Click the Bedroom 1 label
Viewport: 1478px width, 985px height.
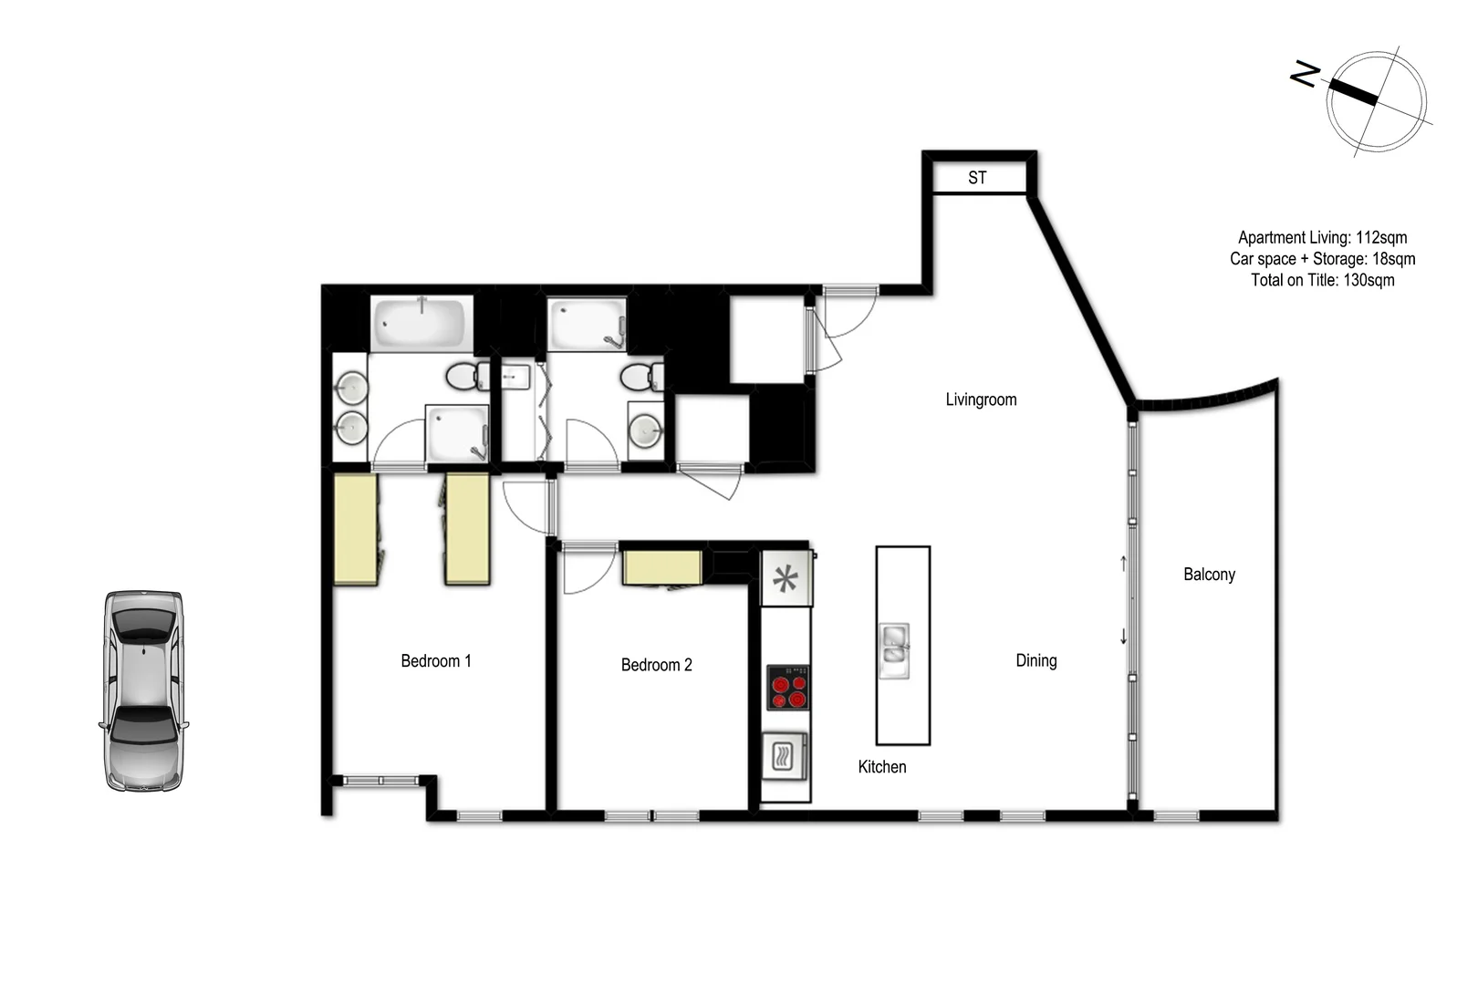436,661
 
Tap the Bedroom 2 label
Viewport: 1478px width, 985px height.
656,665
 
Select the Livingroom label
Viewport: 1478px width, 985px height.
981,399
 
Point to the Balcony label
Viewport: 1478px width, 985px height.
1209,575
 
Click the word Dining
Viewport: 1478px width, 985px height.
1036,660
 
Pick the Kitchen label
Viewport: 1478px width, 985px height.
882,767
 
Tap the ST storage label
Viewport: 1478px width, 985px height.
977,178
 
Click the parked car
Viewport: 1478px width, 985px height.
142,690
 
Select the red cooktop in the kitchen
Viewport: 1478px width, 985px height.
787,687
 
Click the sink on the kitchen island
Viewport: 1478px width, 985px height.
894,649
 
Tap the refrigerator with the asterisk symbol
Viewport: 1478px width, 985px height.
786,579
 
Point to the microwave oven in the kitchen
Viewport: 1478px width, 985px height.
785,755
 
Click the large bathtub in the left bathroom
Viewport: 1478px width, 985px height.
422,323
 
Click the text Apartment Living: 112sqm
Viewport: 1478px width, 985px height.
1322,238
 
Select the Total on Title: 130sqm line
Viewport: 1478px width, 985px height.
1322,280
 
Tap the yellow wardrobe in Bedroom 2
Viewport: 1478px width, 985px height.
662,567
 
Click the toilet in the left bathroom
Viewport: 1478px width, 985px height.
469,375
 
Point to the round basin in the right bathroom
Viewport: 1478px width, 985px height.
646,430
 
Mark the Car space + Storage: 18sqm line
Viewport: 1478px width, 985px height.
1322,259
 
